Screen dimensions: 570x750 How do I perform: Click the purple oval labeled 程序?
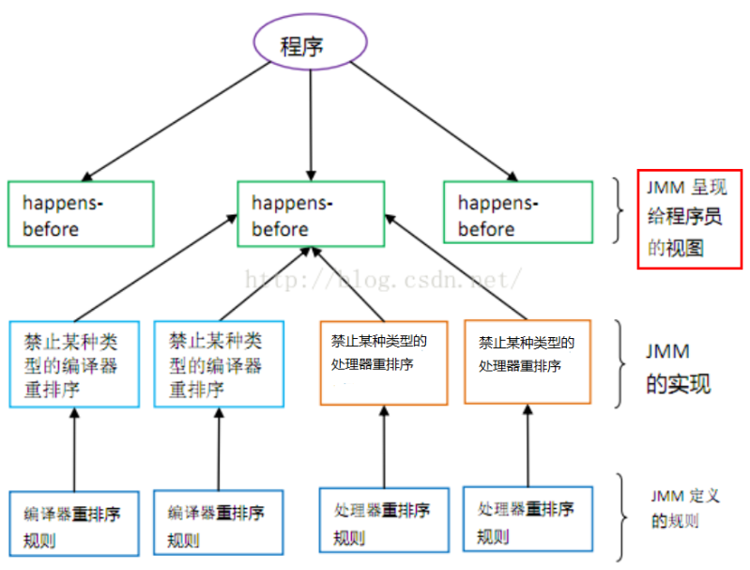[x=308, y=45]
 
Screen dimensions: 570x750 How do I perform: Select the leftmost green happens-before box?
[x=80, y=214]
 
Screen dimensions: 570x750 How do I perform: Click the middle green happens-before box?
[x=310, y=214]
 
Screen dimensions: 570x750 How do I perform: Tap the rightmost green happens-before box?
[x=517, y=214]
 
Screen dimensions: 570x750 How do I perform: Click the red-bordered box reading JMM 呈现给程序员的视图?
[x=689, y=218]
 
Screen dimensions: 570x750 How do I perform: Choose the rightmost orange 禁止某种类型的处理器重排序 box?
[x=532, y=362]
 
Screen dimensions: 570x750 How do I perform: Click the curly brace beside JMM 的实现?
[x=622, y=364]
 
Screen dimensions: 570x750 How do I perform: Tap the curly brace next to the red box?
[x=620, y=213]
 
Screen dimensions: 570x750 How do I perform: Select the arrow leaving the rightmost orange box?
[x=455, y=270]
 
